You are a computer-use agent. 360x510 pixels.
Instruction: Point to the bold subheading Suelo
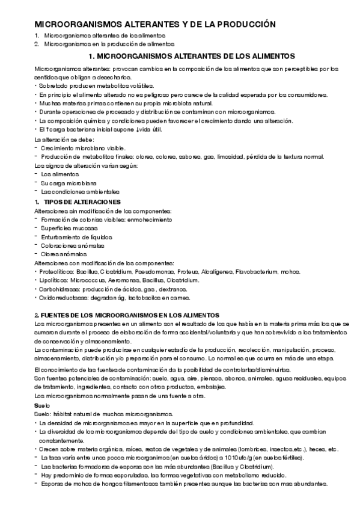[x=42, y=406]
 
